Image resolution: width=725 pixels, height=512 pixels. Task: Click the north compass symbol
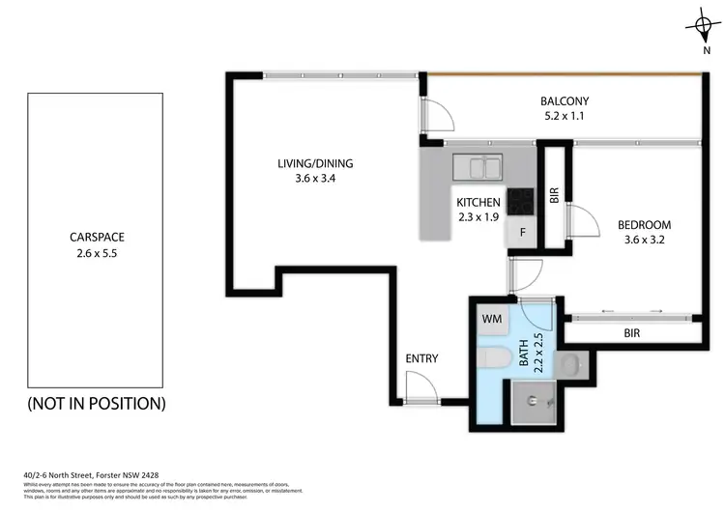click(704, 26)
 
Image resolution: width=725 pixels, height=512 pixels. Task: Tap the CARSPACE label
click(97, 236)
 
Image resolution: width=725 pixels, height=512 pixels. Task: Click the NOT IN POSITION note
click(97, 403)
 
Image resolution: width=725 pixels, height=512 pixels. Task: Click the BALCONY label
click(564, 100)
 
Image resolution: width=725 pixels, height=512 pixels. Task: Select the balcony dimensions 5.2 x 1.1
click(564, 117)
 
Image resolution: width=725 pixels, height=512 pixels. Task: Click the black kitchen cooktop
click(521, 200)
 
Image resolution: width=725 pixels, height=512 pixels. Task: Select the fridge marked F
click(521, 233)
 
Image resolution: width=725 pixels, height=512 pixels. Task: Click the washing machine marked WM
click(491, 318)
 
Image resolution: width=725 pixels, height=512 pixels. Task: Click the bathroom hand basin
click(570, 364)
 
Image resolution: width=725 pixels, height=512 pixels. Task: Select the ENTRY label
click(421, 358)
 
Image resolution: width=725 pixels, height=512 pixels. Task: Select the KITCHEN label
click(478, 202)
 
